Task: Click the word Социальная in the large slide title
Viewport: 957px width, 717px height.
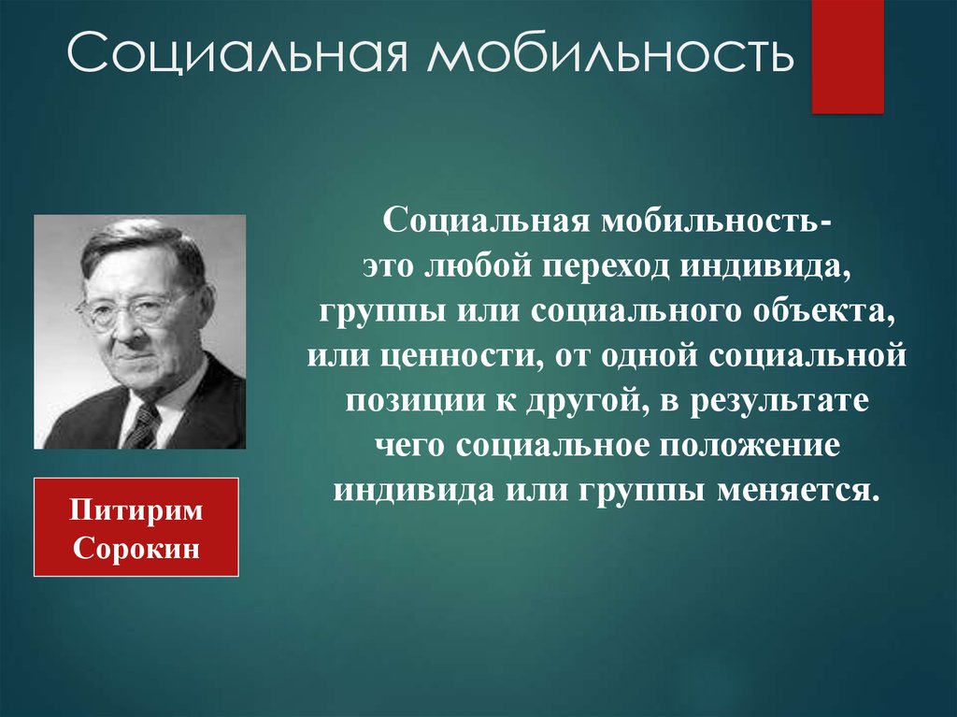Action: coord(236,52)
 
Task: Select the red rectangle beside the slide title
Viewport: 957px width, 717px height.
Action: coord(847,57)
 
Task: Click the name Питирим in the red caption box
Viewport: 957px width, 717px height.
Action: coord(136,511)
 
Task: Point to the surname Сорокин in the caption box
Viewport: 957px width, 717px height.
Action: coord(136,548)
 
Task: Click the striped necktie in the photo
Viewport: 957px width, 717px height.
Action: coord(144,425)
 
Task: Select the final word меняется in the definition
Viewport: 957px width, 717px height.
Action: coord(798,491)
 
